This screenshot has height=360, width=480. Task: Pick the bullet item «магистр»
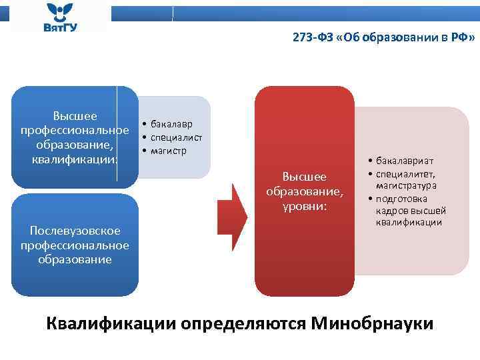tap(169, 151)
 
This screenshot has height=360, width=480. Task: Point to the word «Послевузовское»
tap(75, 231)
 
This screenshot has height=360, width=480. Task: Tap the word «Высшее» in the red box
tap(305, 177)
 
